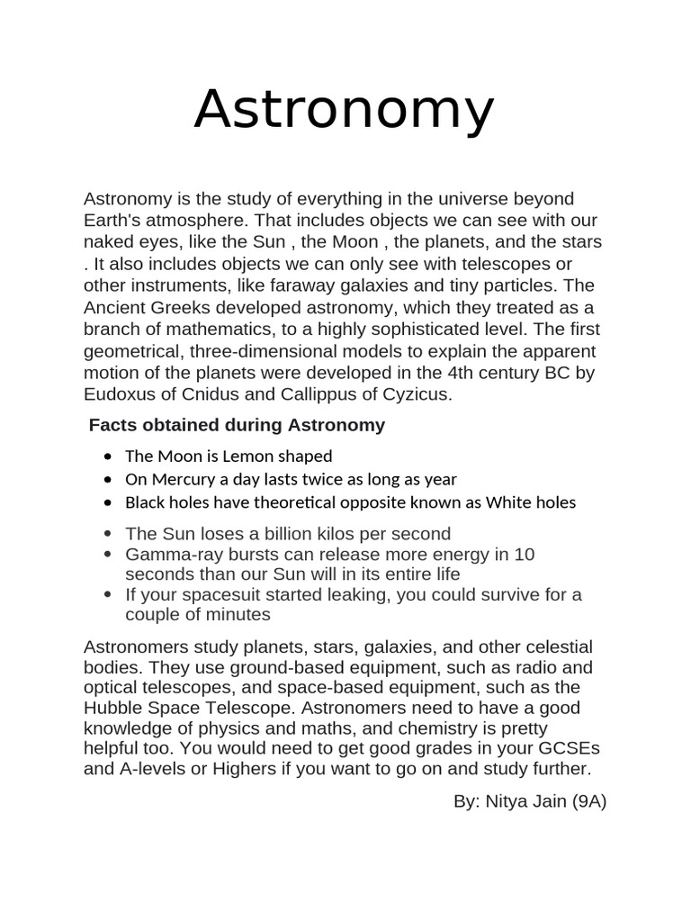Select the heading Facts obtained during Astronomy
coord(237,425)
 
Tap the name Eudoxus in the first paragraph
coord(118,393)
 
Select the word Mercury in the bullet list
coord(179,479)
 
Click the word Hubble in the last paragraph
coord(114,709)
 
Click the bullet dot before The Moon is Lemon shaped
coord(109,456)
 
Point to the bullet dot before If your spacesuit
coord(109,595)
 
